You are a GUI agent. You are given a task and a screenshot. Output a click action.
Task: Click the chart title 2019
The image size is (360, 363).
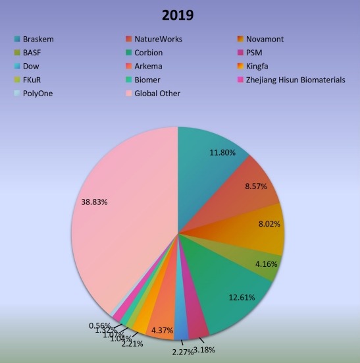tap(179, 14)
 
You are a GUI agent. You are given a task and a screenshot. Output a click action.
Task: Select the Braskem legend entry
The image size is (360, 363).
tap(38, 40)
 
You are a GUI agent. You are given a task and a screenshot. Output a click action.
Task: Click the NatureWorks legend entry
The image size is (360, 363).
tap(158, 40)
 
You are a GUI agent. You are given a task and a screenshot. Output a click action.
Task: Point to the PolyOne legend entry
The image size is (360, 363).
tap(38, 94)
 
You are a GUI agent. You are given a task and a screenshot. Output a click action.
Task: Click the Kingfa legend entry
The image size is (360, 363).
tap(258, 67)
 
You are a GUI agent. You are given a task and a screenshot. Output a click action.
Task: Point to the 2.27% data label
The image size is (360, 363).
tap(182, 352)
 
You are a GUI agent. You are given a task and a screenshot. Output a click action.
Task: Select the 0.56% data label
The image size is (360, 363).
tap(99, 325)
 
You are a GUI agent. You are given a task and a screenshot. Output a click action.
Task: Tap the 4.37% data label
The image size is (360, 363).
tap(162, 330)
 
